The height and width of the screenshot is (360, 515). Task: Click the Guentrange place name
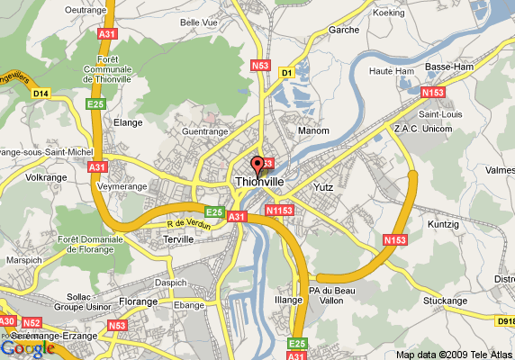coord(206,131)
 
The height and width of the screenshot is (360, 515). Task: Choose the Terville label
coord(180,239)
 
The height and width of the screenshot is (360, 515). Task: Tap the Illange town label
coord(288,298)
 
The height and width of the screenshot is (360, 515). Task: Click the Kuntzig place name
coord(444,221)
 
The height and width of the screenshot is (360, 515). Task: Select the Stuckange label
coord(447,301)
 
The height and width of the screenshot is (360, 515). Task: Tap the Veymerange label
coord(122,186)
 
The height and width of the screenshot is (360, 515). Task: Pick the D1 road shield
coord(287,71)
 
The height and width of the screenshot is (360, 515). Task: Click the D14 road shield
coord(41,93)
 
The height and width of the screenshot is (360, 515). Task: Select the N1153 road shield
coord(279,211)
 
